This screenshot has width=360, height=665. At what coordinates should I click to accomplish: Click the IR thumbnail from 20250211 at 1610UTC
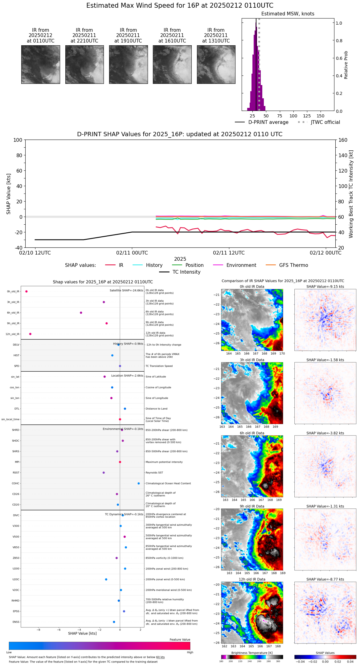[172, 64]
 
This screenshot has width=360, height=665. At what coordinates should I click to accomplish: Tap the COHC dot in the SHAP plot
[139, 483]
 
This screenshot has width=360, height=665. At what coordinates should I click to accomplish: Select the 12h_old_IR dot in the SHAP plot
[30, 334]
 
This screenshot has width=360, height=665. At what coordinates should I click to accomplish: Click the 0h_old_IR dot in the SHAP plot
[27, 291]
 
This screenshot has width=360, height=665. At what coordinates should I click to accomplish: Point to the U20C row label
[16, 579]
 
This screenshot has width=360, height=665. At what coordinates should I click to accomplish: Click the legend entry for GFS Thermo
[293, 265]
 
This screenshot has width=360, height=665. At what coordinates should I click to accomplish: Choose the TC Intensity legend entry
[186, 272]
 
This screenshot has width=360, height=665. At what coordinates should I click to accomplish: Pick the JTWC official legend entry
[325, 122]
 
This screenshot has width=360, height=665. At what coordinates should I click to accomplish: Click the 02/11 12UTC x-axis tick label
[229, 253]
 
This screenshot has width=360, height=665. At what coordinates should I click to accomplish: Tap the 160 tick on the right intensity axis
[343, 140]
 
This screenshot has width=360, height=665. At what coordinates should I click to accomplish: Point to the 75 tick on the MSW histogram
[280, 116]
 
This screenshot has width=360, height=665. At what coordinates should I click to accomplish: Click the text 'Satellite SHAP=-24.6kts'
[126, 290]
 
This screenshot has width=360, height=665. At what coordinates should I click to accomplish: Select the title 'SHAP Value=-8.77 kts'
[325, 579]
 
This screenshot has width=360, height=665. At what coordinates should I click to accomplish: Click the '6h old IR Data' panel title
[252, 433]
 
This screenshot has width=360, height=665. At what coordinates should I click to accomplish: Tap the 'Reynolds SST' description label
[154, 472]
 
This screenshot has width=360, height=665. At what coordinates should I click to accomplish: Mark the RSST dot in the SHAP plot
[104, 472]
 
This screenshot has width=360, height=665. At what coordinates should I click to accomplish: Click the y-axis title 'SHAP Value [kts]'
[9, 194]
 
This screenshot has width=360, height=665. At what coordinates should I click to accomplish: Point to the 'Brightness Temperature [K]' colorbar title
[252, 653]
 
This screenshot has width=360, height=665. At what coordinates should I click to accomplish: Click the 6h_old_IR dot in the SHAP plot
[81, 312]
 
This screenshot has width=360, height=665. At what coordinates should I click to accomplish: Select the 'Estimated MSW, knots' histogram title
[288, 14]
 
